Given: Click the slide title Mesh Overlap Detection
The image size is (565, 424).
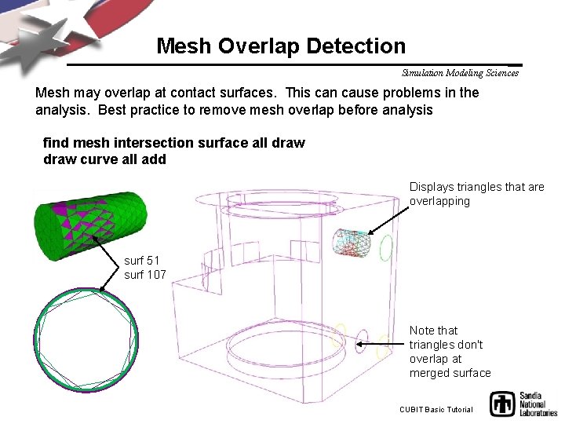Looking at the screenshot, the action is (x=281, y=46).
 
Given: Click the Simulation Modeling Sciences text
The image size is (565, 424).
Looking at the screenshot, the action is (x=460, y=73).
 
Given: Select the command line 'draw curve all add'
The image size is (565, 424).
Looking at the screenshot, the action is (x=104, y=159).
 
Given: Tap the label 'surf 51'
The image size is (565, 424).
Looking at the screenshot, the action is (x=141, y=261).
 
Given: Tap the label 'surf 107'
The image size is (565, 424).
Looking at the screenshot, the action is (x=144, y=275).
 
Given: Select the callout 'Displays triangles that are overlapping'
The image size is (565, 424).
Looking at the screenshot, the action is (x=476, y=194).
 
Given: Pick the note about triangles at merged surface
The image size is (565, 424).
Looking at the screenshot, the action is (x=450, y=352).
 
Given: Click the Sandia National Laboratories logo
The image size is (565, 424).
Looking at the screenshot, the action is (x=523, y=404).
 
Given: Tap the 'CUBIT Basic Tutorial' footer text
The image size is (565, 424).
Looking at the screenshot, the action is (x=436, y=409).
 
